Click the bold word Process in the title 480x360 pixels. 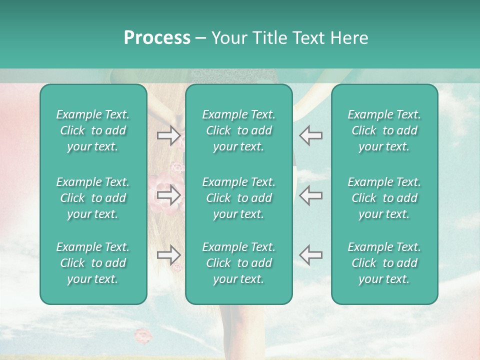(x=157, y=38)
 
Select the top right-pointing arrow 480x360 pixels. (x=168, y=135)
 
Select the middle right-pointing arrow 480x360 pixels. (x=168, y=195)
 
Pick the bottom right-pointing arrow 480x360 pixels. (x=168, y=255)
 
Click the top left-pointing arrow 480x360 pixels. (x=311, y=135)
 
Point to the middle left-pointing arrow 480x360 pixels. (x=311, y=195)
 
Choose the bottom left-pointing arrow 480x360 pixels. (x=311, y=255)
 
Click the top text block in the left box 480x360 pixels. (x=93, y=130)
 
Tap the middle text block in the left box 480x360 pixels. (x=93, y=198)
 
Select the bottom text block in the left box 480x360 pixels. (x=93, y=263)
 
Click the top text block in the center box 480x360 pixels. (x=238, y=130)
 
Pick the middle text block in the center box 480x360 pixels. (x=238, y=198)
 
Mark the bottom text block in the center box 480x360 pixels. (x=238, y=263)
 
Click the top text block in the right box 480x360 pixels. (x=384, y=130)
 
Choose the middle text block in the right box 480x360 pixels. (x=384, y=198)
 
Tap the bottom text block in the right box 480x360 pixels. (x=384, y=263)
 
